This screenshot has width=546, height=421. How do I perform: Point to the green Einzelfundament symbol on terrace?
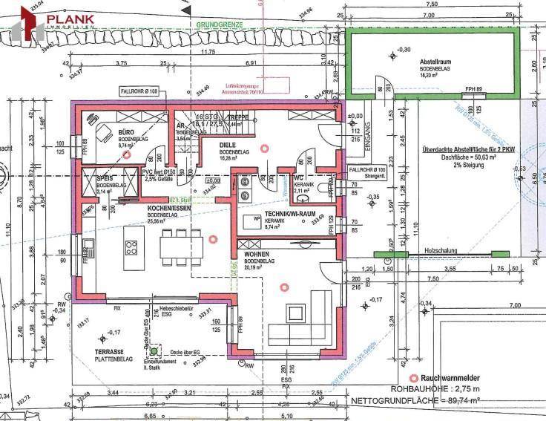[x=154, y=352]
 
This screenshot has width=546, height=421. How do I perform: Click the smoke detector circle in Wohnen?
[x=283, y=287]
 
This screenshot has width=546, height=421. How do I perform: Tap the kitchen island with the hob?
[x=133, y=247]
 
